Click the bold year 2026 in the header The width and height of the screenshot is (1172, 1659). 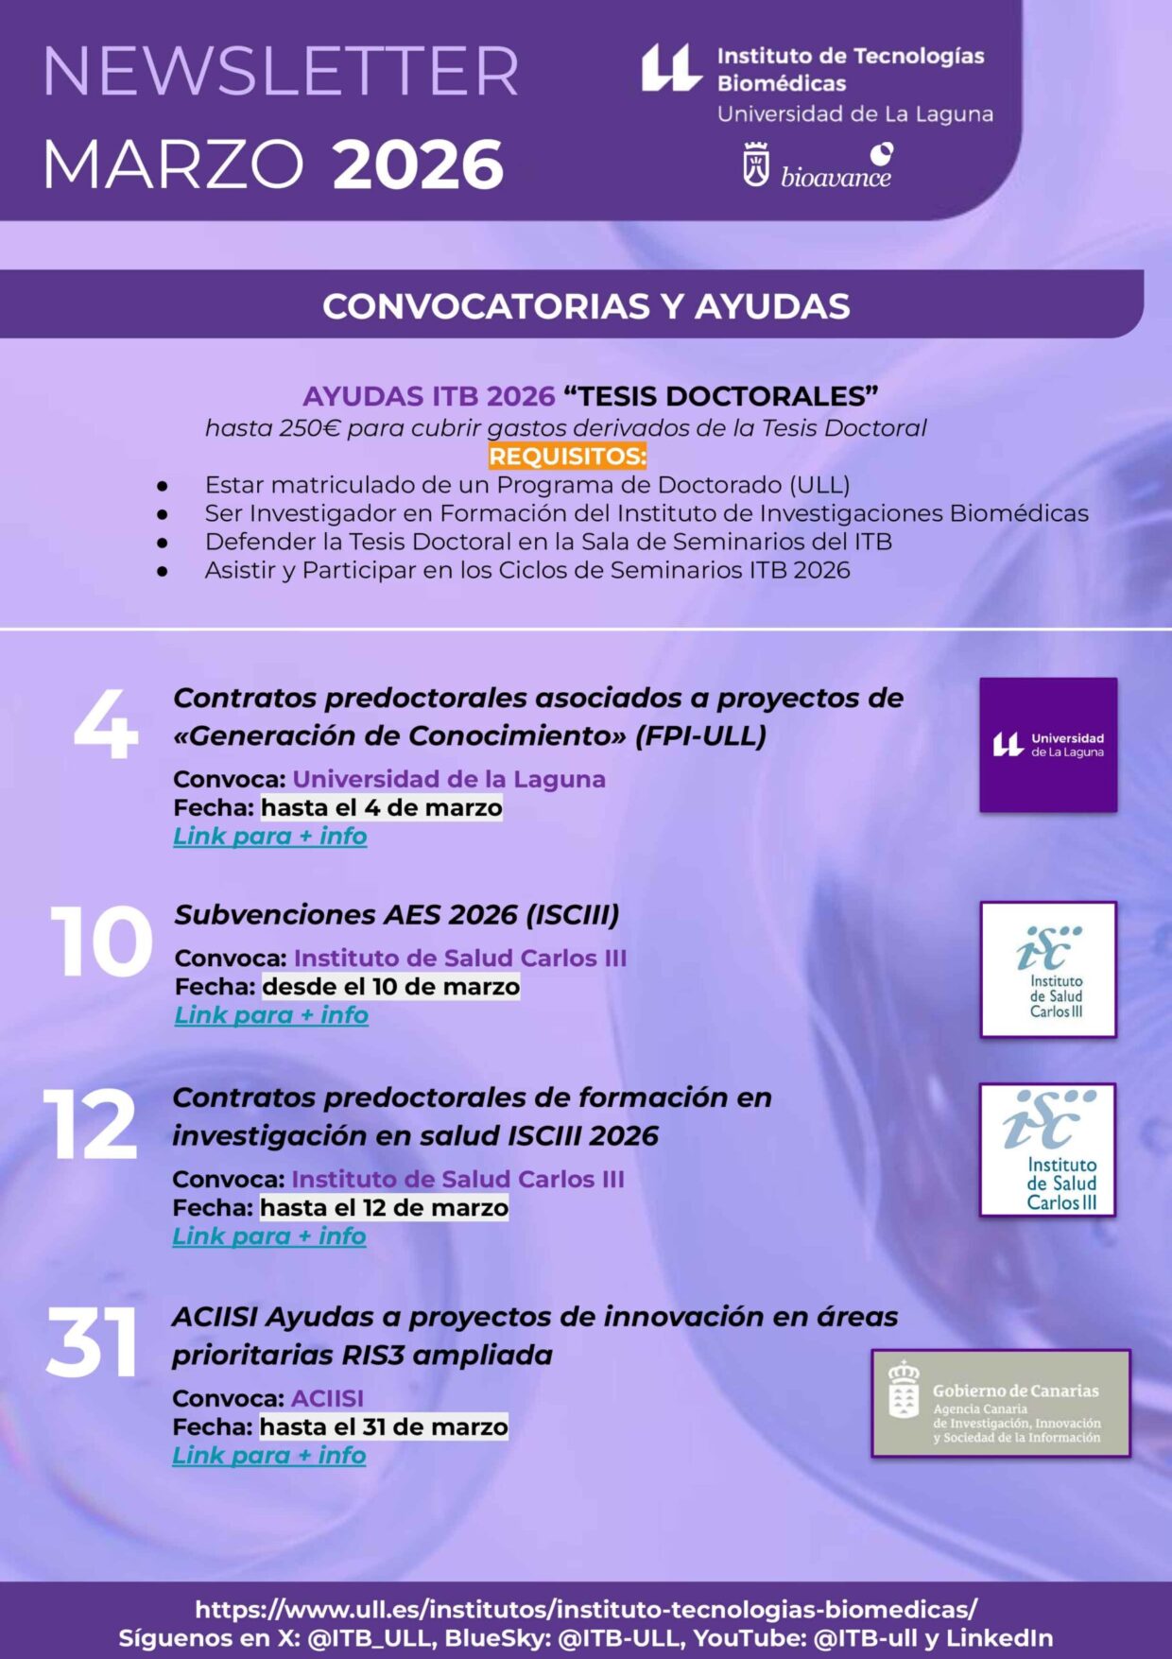[x=418, y=164]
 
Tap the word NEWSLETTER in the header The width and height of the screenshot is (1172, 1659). [x=281, y=72]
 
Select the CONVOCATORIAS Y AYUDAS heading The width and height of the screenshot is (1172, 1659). [x=586, y=306]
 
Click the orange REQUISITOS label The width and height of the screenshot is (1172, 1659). [x=567, y=457]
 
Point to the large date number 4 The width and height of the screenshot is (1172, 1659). [x=106, y=726]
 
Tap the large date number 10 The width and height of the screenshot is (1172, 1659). [x=101, y=942]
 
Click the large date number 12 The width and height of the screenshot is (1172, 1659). [x=91, y=1125]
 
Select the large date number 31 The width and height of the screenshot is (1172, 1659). [x=92, y=1343]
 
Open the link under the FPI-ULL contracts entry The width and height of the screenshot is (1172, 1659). [x=270, y=837]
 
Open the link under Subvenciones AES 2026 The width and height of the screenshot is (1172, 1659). [x=272, y=1015]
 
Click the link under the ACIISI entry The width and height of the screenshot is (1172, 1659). [x=269, y=1456]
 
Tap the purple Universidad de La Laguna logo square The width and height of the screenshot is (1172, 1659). [x=1048, y=745]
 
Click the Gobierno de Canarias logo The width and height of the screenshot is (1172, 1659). [x=1001, y=1404]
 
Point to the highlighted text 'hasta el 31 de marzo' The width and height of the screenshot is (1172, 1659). [x=384, y=1426]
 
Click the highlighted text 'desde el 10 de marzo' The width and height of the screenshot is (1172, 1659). [x=391, y=987]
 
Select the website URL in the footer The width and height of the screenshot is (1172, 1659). [x=586, y=1609]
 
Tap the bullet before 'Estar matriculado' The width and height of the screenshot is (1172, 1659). [x=163, y=486]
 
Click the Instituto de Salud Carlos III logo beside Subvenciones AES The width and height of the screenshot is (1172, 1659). [x=1048, y=970]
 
